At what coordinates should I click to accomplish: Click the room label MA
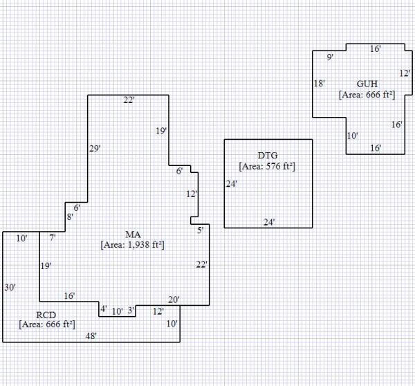click(132, 234)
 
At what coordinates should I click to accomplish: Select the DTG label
click(268, 155)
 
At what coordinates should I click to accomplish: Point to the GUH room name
click(367, 84)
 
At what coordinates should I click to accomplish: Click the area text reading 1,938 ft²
click(132, 244)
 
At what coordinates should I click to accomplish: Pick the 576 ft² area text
click(267, 166)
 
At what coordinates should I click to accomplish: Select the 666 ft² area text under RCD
click(47, 324)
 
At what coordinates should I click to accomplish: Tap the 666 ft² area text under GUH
click(367, 95)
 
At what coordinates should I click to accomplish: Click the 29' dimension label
click(95, 148)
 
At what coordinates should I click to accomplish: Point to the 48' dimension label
click(91, 336)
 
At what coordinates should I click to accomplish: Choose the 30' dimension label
click(10, 287)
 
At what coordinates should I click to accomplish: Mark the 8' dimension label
click(70, 217)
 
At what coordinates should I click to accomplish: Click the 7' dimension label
click(53, 238)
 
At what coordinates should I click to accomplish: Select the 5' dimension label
click(200, 230)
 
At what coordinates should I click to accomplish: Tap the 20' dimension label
click(174, 300)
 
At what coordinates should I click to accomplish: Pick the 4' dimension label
click(104, 309)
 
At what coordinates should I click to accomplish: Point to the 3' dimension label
click(130, 311)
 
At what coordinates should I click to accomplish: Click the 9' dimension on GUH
click(330, 57)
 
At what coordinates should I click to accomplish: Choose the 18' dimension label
click(319, 84)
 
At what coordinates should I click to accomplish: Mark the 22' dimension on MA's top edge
click(129, 101)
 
